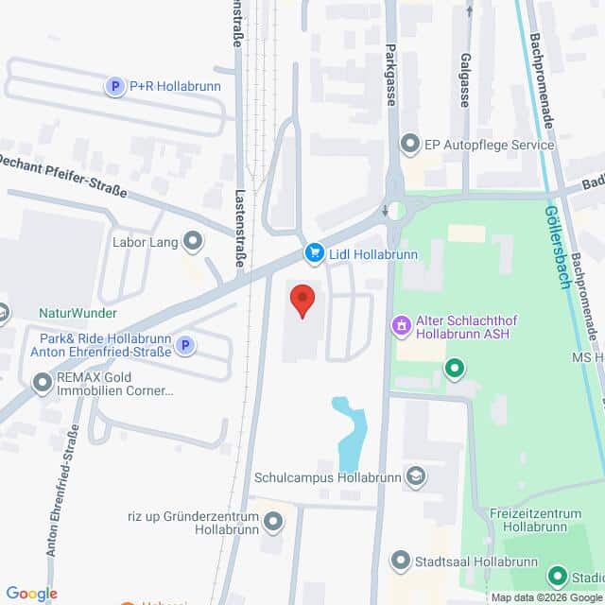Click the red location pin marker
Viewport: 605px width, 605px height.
click(x=302, y=301)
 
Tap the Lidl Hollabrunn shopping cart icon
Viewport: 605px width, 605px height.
click(x=313, y=252)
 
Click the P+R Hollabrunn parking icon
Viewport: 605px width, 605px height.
click(x=115, y=87)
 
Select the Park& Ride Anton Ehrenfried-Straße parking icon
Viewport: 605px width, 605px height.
click(x=186, y=346)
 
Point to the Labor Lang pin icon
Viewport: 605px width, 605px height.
click(x=194, y=243)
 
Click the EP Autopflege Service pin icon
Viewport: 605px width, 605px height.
click(x=410, y=146)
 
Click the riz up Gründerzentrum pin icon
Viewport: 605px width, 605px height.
click(x=274, y=521)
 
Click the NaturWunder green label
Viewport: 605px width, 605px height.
click(x=78, y=313)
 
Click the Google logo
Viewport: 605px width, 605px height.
click(x=31, y=594)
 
